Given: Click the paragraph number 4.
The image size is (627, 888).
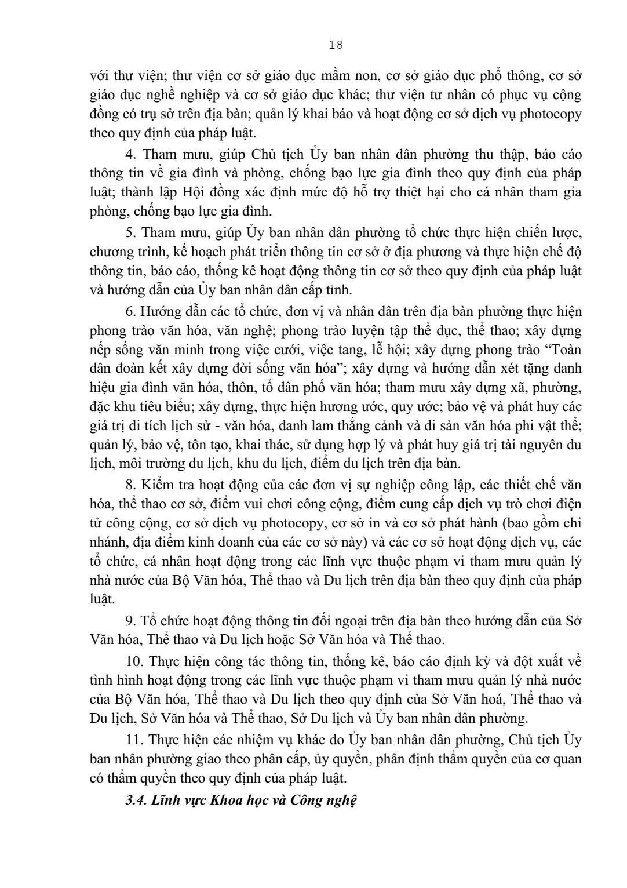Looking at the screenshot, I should point(130,155).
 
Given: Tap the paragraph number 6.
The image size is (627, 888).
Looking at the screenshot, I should point(130,312).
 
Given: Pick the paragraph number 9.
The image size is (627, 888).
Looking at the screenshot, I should point(130,621).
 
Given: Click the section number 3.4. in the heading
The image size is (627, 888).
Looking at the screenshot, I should point(137,801).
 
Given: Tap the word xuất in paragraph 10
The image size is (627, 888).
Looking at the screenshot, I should point(553,661).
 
